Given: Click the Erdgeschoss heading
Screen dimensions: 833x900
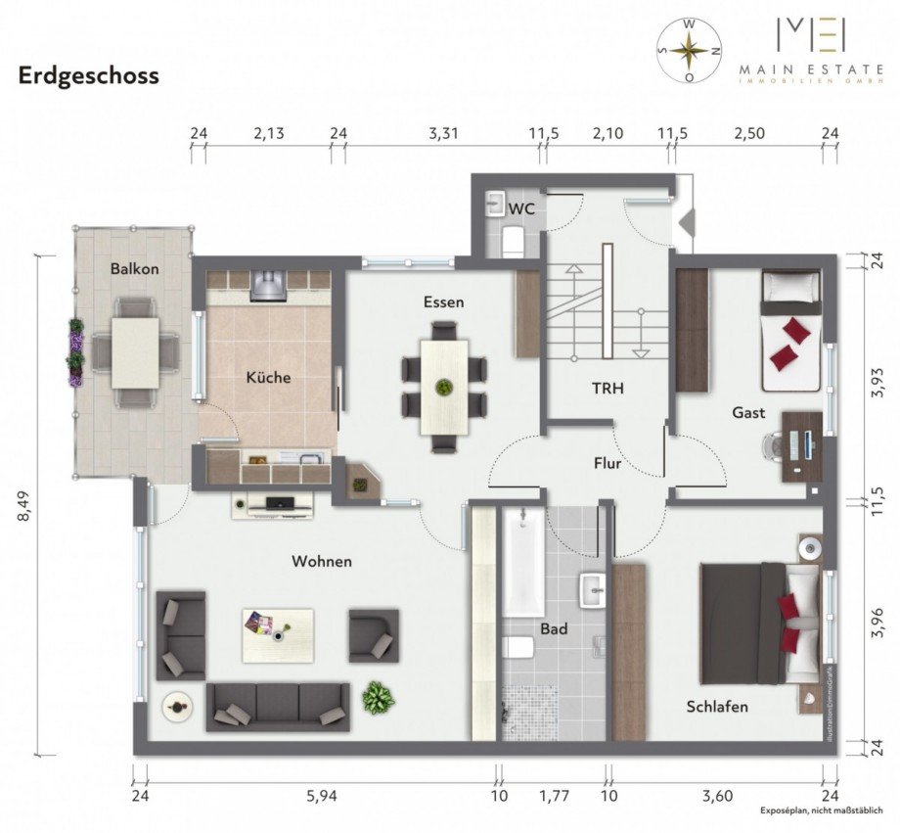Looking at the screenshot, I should point(88,76).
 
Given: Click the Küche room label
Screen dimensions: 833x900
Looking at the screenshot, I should point(268,377).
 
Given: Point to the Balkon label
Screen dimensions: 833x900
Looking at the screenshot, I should point(134,268).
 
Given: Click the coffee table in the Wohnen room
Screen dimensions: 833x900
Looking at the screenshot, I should point(278,634).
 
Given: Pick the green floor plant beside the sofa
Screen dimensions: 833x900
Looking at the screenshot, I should point(377,698).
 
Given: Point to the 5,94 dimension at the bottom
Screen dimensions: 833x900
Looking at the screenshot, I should point(321,797).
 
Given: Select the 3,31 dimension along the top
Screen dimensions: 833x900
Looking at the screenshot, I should point(443,134).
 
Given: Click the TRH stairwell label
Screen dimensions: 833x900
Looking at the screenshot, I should point(607,388).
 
